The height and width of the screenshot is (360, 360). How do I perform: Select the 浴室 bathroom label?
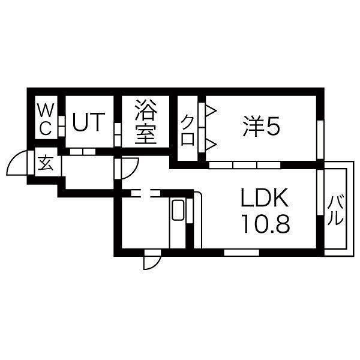(x=145, y=123)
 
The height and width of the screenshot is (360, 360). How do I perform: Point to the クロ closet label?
(x=187, y=128)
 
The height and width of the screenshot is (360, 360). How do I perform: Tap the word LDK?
(x=265, y=198)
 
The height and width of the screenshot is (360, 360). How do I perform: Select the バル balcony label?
(x=336, y=210)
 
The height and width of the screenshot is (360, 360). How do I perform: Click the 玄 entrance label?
(x=46, y=163)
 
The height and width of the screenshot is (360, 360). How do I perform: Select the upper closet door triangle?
(x=211, y=111)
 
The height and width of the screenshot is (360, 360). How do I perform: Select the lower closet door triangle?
(x=211, y=143)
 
